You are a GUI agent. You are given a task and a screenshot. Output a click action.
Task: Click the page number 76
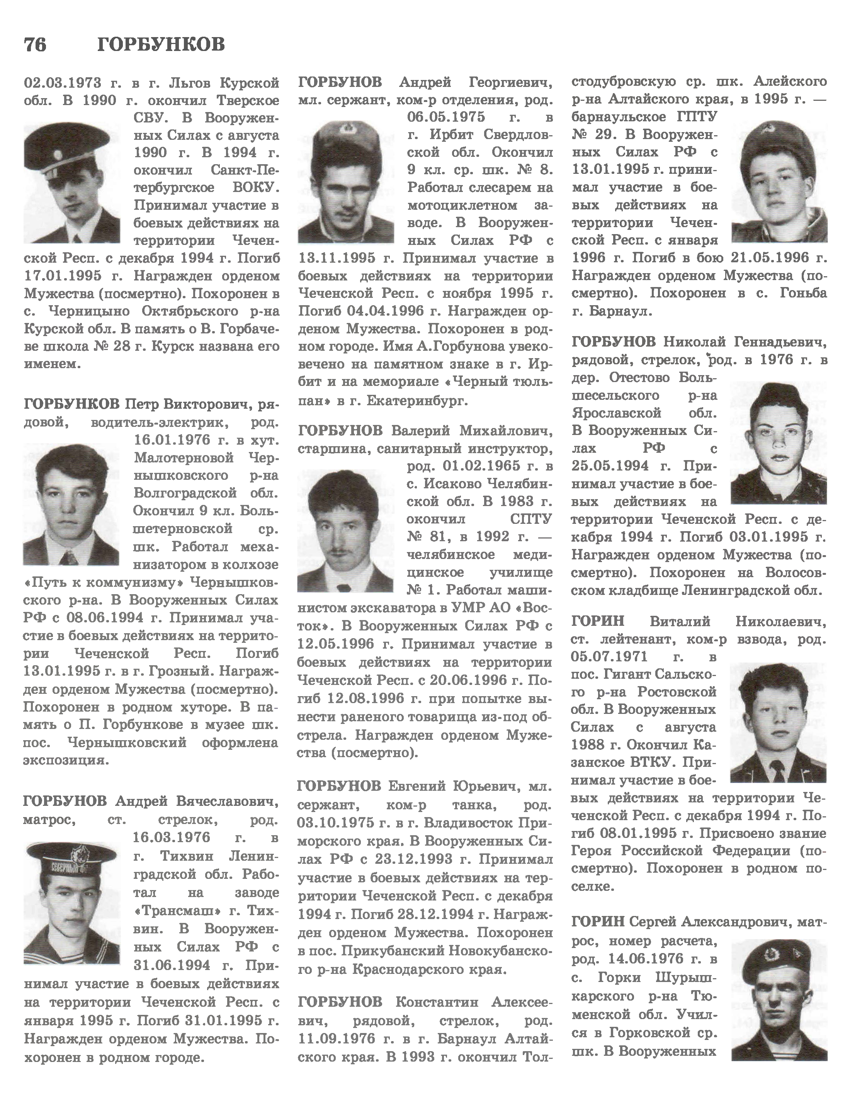tap(35, 45)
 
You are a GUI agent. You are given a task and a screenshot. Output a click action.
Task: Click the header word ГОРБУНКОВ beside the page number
tap(161, 45)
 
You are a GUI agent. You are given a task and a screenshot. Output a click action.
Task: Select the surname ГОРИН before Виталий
tap(598, 621)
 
